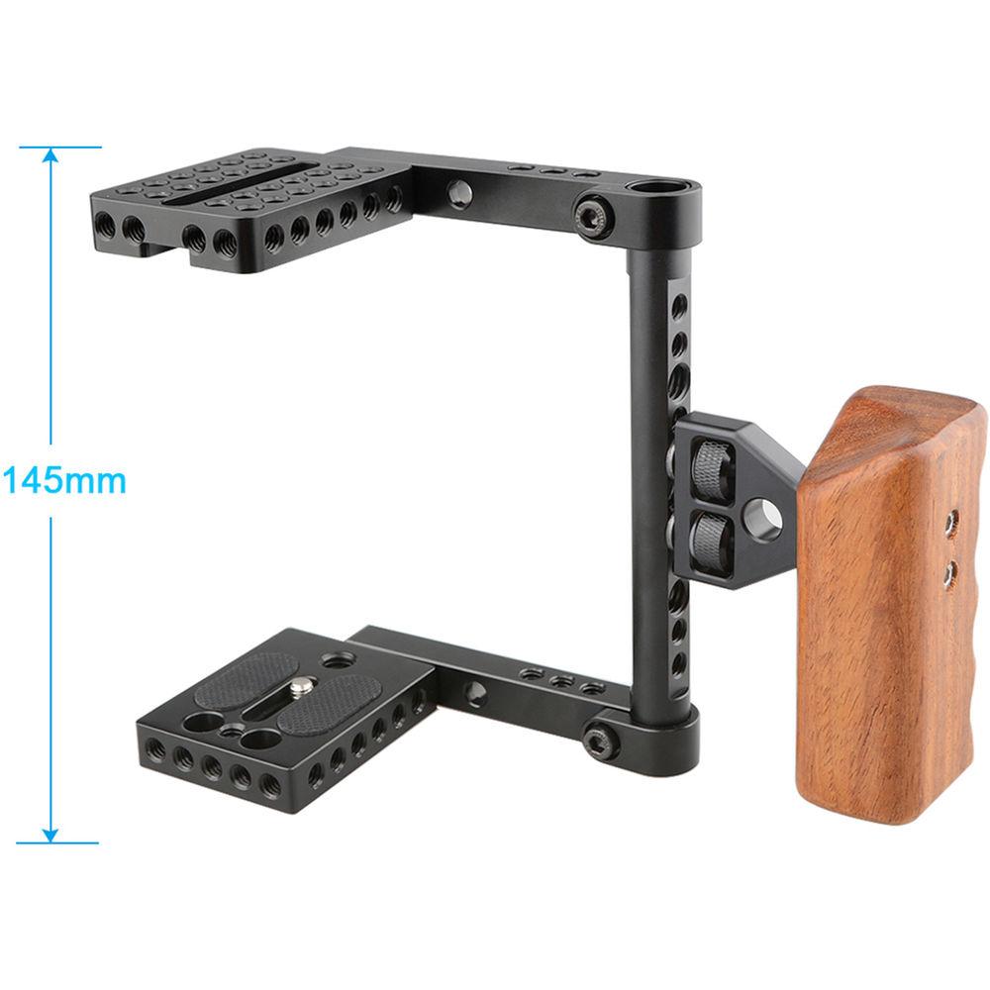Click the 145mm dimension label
tap(63, 481)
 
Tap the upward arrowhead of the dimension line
tap(50, 156)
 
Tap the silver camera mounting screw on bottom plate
tap(304, 682)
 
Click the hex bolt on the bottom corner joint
tap(598, 740)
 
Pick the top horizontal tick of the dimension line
tap(59, 148)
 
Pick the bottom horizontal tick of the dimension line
tap(59, 843)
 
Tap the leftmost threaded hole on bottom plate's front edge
tap(154, 750)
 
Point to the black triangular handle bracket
tap(738, 500)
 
